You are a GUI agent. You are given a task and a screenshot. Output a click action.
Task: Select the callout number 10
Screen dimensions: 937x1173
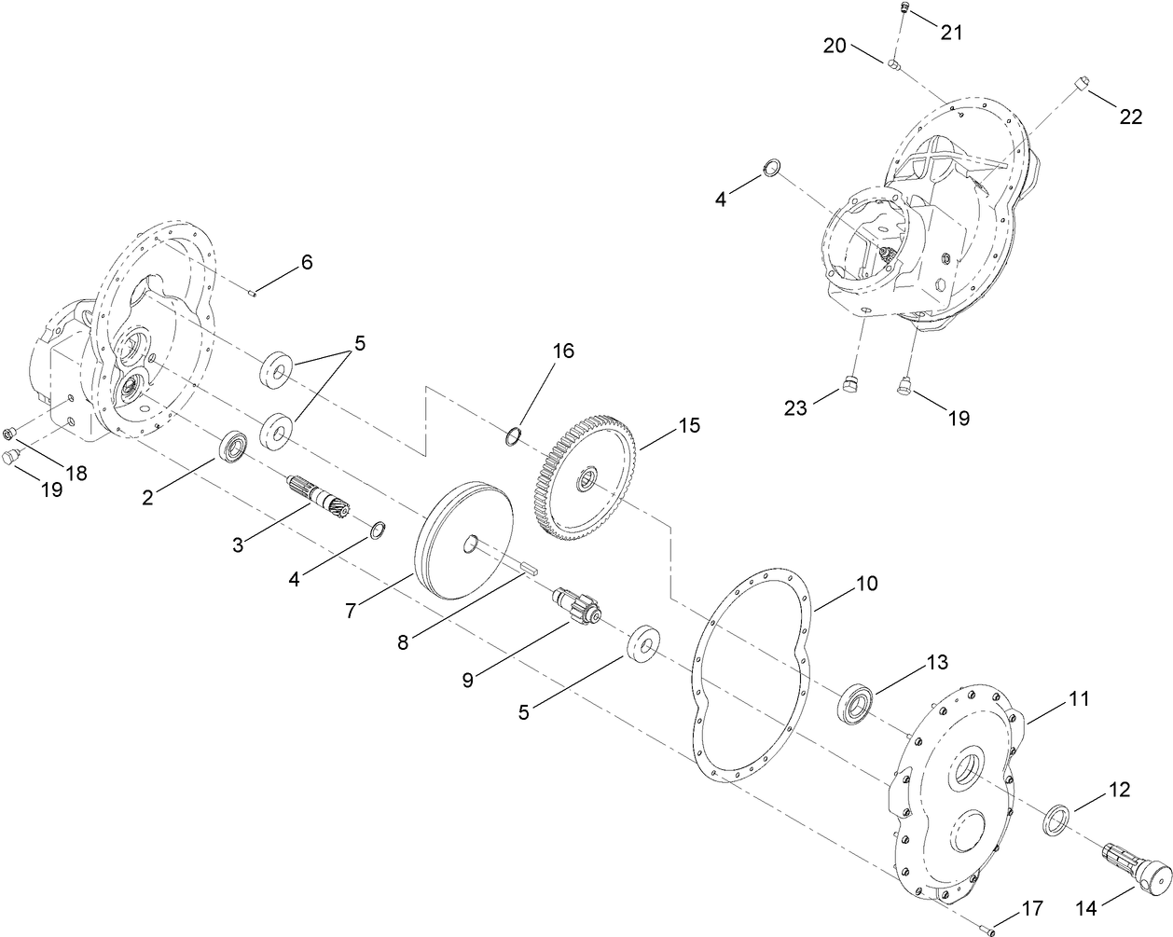(x=866, y=585)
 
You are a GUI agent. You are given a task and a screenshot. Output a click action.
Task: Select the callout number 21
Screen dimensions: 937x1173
(x=950, y=31)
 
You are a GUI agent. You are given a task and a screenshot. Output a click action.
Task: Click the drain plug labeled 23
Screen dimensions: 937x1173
(x=849, y=384)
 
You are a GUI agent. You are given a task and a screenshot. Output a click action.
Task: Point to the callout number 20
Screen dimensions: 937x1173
(x=835, y=44)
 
